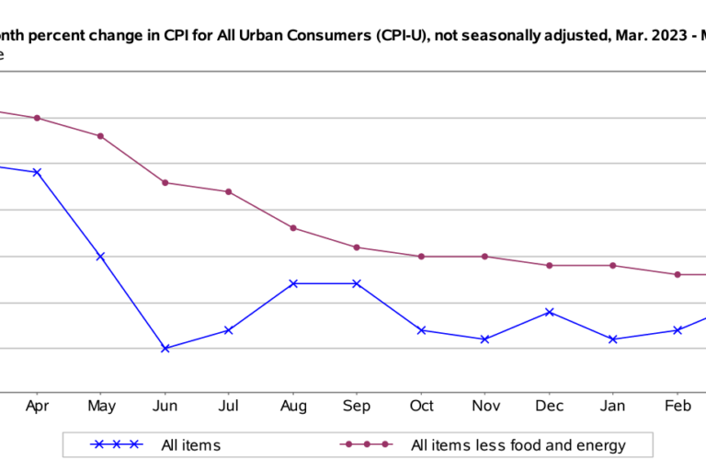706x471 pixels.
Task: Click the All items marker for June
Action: (165, 349)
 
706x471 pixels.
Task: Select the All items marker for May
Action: (100, 257)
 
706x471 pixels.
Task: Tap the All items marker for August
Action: (292, 283)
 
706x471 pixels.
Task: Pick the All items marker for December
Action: (550, 312)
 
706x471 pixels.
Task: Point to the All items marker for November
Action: (485, 339)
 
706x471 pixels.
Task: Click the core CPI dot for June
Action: (165, 182)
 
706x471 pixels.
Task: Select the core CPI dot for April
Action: (37, 118)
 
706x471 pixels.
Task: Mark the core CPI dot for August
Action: (292, 228)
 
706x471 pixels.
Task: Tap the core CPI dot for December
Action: (550, 265)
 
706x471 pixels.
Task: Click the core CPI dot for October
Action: (421, 257)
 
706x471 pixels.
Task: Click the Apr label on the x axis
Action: (37, 406)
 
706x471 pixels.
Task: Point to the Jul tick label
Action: (229, 406)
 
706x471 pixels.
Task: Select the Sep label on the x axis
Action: (357, 406)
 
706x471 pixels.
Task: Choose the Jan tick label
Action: (613, 406)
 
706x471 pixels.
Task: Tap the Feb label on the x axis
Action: (678, 406)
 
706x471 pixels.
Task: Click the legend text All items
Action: (190, 445)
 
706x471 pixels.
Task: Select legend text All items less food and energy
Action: (518, 445)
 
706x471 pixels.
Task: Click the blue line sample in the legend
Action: (116, 444)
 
